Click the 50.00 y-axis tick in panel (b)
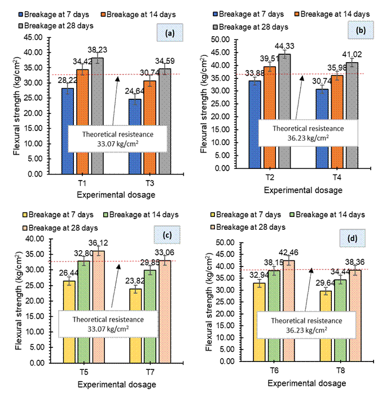click(x=225, y=39)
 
